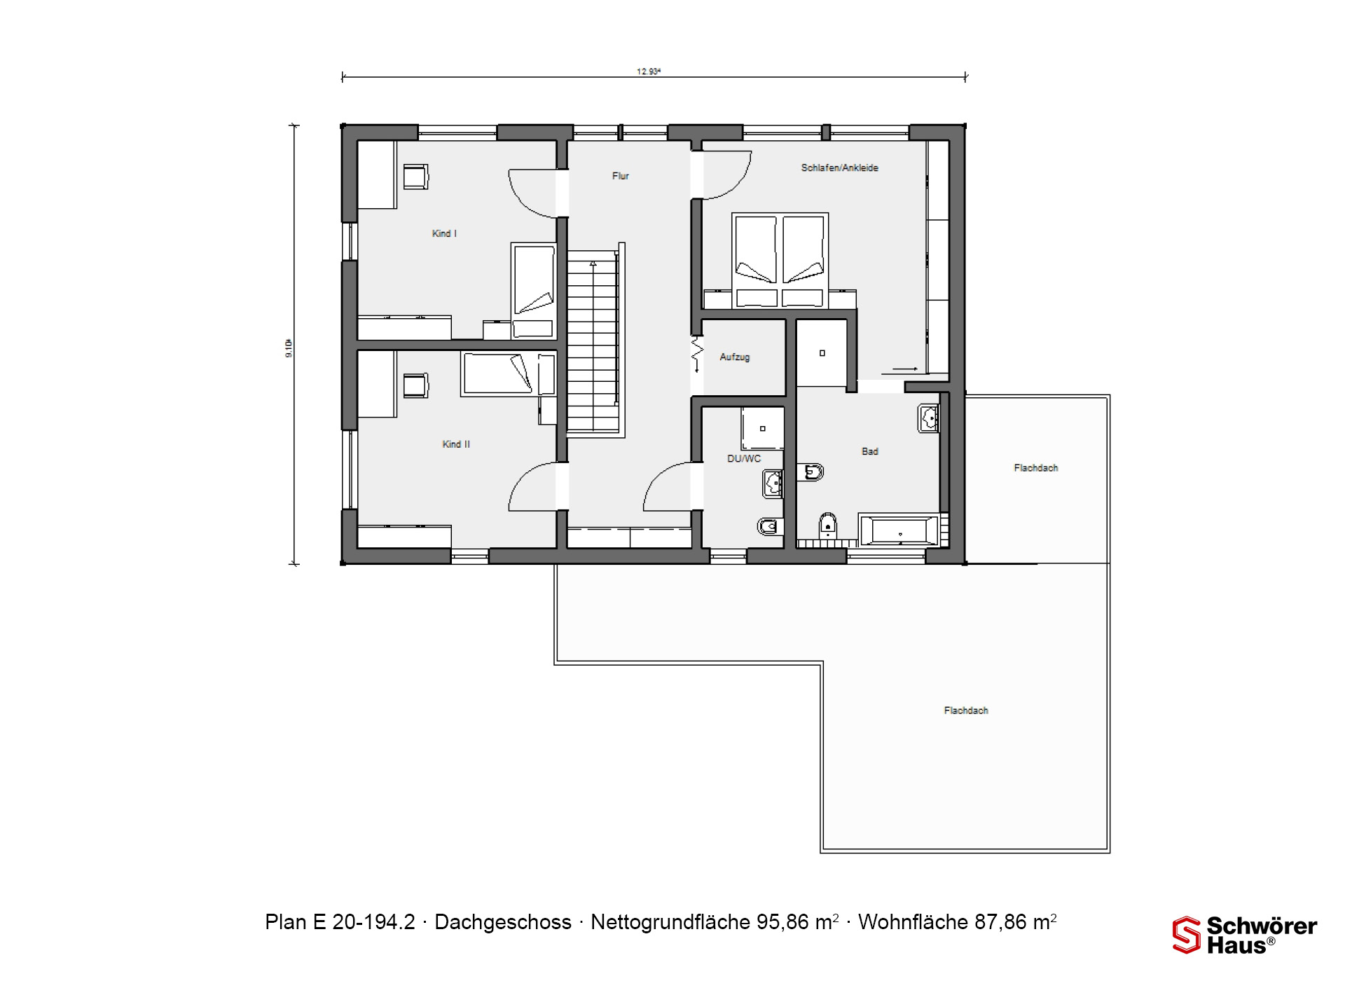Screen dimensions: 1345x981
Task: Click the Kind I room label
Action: pos(444,233)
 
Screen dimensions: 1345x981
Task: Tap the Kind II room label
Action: pos(456,444)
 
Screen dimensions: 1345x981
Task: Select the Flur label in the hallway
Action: pos(621,176)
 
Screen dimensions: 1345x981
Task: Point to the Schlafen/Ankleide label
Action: pos(839,168)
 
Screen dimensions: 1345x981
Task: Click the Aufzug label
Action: pos(735,357)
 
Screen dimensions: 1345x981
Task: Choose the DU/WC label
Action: pos(744,459)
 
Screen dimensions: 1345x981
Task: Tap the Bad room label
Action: pos(869,452)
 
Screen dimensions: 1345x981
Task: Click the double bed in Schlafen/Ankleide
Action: pos(780,261)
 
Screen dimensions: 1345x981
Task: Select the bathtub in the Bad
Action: pos(899,530)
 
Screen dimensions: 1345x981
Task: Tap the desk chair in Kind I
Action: pos(415,176)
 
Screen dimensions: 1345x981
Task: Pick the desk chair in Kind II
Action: pos(415,385)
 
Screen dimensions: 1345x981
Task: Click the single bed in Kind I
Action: pos(533,291)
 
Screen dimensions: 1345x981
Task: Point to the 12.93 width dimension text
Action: pos(649,71)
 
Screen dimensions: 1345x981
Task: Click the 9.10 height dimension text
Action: pos(289,349)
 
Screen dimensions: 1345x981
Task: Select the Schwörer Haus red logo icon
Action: pos(1187,935)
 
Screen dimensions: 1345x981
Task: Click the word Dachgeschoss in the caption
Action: pos(503,922)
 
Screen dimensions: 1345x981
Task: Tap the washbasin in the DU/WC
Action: pos(773,483)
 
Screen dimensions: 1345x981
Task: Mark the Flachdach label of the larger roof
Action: pos(966,711)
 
